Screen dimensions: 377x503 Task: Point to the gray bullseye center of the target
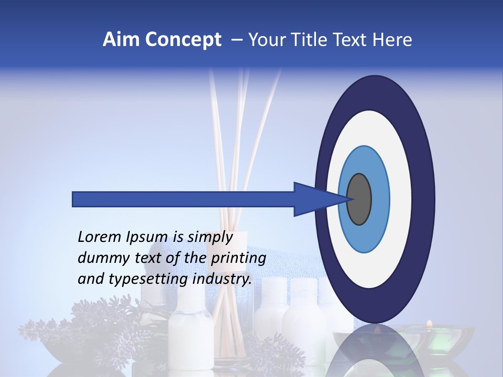pos(359,199)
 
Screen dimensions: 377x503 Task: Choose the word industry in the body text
pos(222,279)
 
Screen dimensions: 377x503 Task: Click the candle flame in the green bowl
pos(429,323)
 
